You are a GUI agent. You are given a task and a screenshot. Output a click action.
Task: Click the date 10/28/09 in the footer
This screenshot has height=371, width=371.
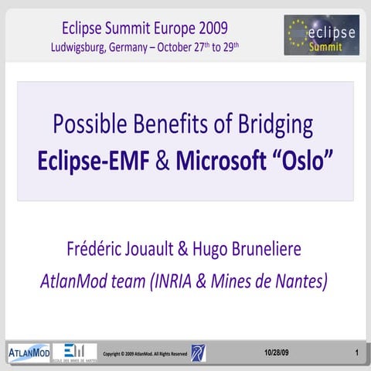point(276,353)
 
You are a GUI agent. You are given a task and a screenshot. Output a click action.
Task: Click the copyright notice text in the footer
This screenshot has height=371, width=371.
point(145,354)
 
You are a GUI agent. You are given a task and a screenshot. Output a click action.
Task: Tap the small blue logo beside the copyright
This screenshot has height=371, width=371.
point(199,353)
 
